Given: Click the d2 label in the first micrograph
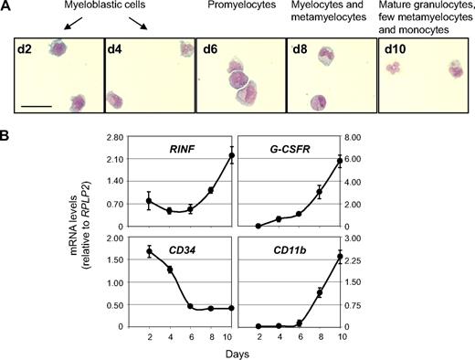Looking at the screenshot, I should click(26, 48).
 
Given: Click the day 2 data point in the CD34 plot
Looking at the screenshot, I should click(149, 251).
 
